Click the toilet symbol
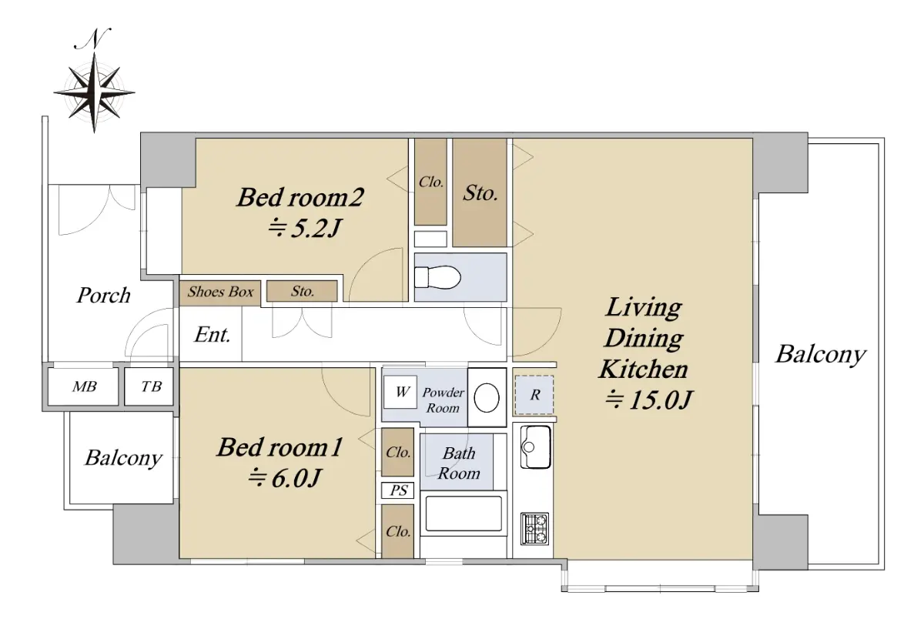click(x=437, y=277)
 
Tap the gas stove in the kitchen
click(x=534, y=528)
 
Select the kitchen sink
click(x=535, y=447)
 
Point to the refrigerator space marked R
click(x=534, y=395)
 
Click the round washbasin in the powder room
click(x=487, y=398)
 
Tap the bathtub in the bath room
click(x=464, y=513)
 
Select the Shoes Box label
click(x=220, y=292)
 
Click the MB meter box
click(x=84, y=386)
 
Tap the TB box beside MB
click(x=150, y=386)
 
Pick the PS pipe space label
click(x=399, y=490)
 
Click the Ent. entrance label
click(x=212, y=335)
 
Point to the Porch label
click(x=103, y=296)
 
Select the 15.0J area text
click(x=648, y=400)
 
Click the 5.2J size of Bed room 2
click(x=304, y=228)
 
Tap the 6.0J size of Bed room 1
click(x=284, y=478)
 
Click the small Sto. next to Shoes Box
click(x=302, y=291)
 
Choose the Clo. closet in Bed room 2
click(x=430, y=182)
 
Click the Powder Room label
click(x=443, y=400)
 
